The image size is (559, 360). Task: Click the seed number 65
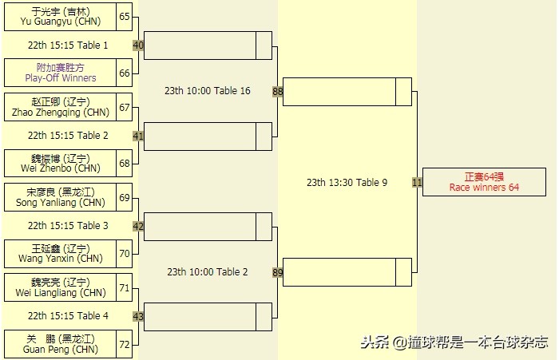(x=125, y=16)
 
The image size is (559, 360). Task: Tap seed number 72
(x=125, y=344)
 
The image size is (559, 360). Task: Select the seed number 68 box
(x=125, y=163)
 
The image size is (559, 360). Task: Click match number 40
(x=138, y=45)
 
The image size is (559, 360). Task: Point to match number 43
(x=138, y=317)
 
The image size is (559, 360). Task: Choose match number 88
(x=277, y=92)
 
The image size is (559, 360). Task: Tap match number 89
(x=277, y=272)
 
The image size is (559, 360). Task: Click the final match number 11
(x=417, y=182)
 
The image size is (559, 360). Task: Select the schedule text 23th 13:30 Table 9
(x=347, y=183)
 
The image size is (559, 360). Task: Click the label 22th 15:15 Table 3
(x=68, y=226)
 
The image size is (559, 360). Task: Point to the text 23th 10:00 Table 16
(x=208, y=91)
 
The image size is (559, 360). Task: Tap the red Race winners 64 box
(x=484, y=182)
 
